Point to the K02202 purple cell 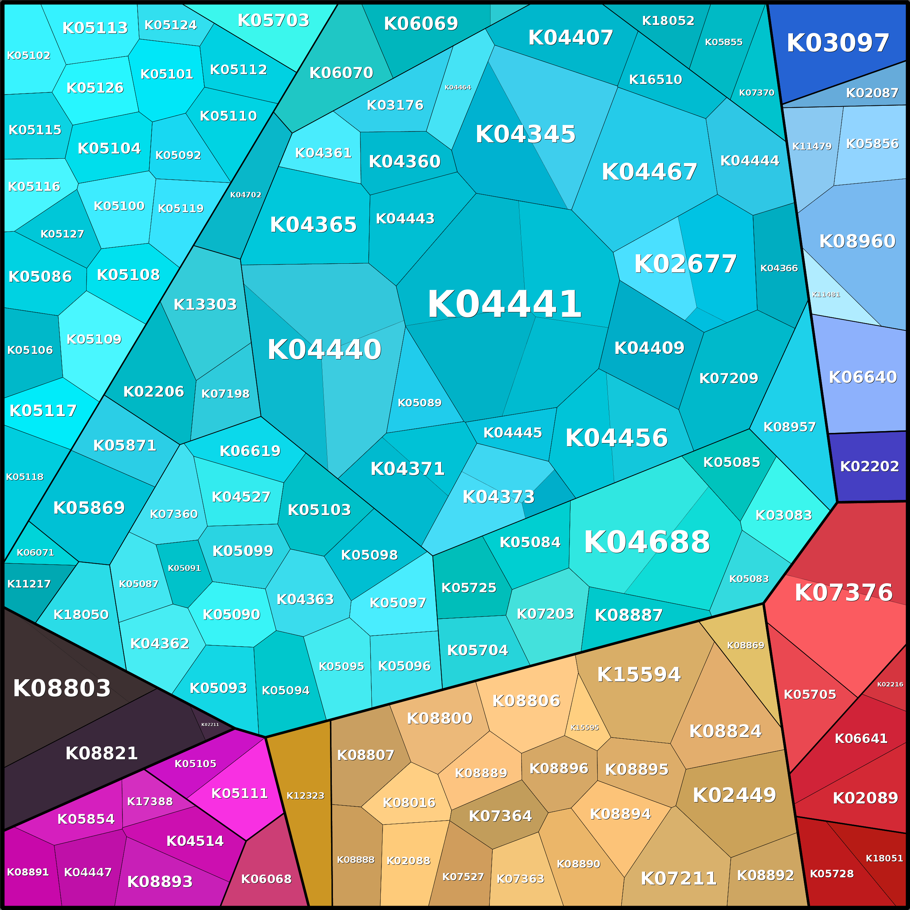click(x=869, y=466)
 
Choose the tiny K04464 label click(x=458, y=88)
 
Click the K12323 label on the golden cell click(x=305, y=796)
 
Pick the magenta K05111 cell click(x=239, y=793)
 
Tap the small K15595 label click(x=584, y=727)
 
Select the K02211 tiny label click(x=210, y=725)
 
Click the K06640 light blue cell click(x=863, y=377)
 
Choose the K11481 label click(x=826, y=295)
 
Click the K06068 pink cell click(x=266, y=879)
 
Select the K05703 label click(x=273, y=20)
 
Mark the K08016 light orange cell click(x=409, y=803)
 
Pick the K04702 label click(x=245, y=195)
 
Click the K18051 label click(x=884, y=858)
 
